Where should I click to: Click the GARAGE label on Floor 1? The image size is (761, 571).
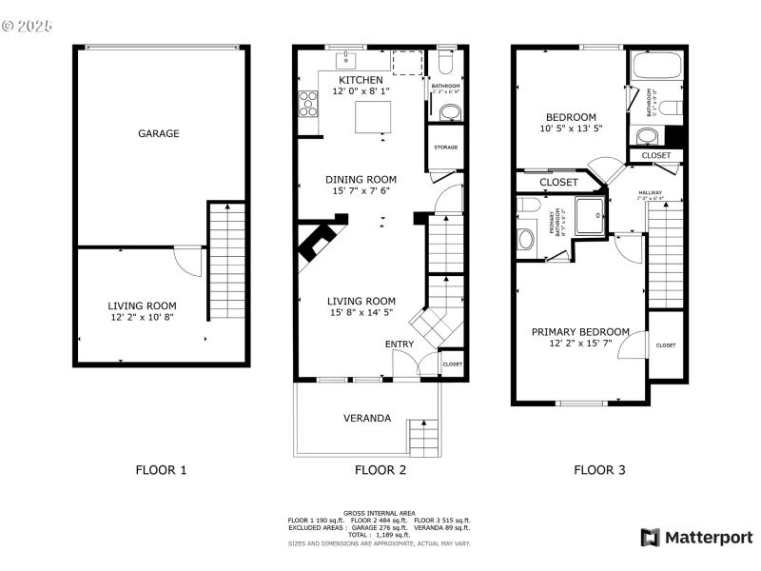[159, 134]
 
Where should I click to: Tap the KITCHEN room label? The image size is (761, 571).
[361, 80]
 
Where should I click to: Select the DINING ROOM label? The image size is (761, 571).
[361, 179]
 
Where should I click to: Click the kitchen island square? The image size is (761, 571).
[373, 119]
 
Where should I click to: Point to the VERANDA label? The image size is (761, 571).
[366, 418]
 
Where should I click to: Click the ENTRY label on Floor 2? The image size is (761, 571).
[399, 344]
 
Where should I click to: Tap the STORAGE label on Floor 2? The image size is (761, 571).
[445, 148]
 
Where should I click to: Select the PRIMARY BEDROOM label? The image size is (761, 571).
[580, 331]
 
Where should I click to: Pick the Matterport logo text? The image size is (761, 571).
[708, 538]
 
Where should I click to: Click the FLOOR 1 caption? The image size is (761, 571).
[161, 469]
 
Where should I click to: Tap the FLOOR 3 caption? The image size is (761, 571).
[599, 469]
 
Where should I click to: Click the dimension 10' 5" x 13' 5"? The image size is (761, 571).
[571, 128]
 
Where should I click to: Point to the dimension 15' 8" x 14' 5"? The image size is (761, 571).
[361, 312]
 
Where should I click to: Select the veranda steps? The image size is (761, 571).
[422, 436]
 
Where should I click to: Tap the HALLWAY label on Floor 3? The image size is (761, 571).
[651, 193]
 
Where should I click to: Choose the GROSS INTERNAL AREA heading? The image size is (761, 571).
[379, 513]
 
